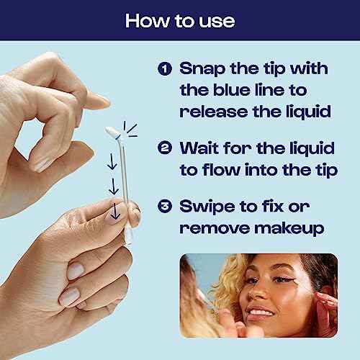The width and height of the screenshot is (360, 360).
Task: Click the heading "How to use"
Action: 180,20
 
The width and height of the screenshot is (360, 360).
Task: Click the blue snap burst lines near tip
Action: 130,127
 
